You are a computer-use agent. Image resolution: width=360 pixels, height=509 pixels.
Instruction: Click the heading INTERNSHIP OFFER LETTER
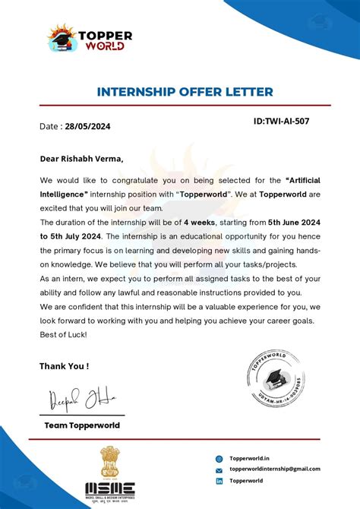pyautogui.click(x=185, y=92)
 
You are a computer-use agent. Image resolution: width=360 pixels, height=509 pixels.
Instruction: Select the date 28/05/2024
pyautogui.click(x=87, y=127)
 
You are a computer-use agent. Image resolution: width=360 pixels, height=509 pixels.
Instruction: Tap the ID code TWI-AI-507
pyautogui.click(x=282, y=121)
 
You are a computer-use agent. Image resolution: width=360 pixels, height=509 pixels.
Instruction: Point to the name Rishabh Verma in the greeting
pyautogui.click(x=93, y=159)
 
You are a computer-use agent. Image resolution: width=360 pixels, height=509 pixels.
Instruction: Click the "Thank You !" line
pyautogui.click(x=64, y=365)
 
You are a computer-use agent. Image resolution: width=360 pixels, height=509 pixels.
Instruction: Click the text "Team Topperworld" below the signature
pyautogui.click(x=82, y=425)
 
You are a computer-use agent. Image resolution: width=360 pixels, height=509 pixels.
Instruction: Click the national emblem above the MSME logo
pyautogui.click(x=109, y=462)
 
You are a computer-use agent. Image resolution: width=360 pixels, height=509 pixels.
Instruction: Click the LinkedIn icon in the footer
pyautogui.click(x=219, y=481)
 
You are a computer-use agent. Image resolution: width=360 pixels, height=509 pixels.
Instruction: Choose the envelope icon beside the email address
pyautogui.click(x=219, y=469)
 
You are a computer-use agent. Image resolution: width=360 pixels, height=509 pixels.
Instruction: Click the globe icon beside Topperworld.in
pyautogui.click(x=219, y=458)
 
